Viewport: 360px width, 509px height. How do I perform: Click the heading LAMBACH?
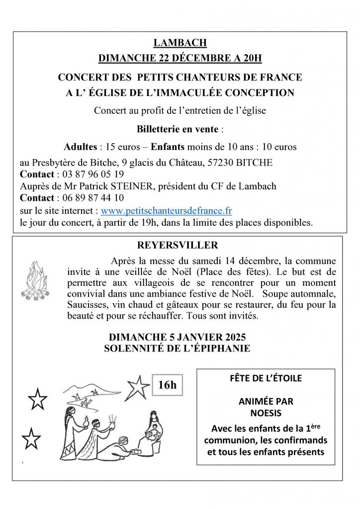180,43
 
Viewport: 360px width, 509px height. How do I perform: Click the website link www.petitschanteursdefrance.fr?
166,211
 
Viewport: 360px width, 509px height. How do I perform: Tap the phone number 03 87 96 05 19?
93,174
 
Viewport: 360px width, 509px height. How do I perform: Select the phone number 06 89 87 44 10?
93,198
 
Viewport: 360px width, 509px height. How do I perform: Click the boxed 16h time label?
167,385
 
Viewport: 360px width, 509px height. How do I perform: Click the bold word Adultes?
80,147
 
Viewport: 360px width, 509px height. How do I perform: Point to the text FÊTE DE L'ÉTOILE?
266,378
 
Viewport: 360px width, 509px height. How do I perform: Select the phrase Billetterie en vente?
178,129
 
